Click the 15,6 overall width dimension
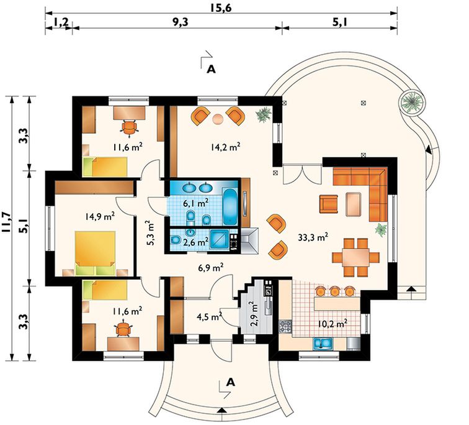(220, 7)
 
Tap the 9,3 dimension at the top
(181, 22)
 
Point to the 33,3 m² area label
(313, 237)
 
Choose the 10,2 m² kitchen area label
(333, 324)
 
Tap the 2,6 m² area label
(195, 242)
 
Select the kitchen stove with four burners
(285, 326)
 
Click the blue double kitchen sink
(323, 343)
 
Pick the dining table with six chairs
(356, 257)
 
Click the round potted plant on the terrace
(413, 103)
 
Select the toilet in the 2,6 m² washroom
(176, 240)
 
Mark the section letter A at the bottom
(230, 382)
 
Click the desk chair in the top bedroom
(129, 128)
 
